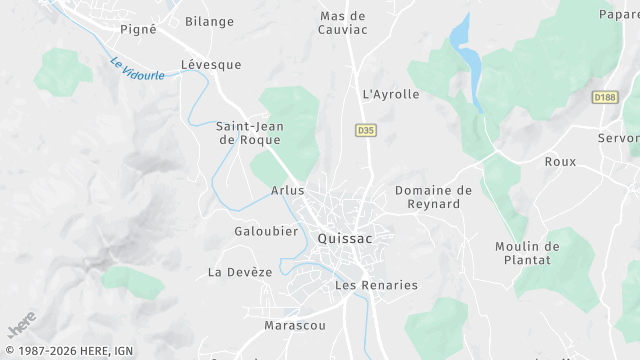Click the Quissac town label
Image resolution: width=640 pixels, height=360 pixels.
click(x=345, y=239)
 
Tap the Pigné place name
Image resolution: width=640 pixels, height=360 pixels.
click(x=138, y=29)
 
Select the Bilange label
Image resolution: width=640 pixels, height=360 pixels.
click(x=209, y=21)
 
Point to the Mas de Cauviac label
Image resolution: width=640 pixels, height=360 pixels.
click(x=343, y=23)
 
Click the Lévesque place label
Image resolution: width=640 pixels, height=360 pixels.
click(x=211, y=64)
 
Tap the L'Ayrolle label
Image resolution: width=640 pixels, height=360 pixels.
click(x=390, y=94)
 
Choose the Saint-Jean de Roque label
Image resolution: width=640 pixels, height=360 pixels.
click(x=250, y=133)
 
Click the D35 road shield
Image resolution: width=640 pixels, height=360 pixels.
click(x=365, y=130)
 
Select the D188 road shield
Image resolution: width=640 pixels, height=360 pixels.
click(x=604, y=97)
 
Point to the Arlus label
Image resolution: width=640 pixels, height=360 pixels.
click(x=287, y=190)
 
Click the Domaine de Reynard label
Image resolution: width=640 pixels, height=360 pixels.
click(x=433, y=197)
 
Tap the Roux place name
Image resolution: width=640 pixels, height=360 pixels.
click(x=560, y=161)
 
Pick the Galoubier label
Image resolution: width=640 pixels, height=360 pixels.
click(x=266, y=231)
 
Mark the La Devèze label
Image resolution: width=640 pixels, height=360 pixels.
click(x=240, y=272)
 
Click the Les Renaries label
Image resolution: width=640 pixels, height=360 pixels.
click(x=376, y=285)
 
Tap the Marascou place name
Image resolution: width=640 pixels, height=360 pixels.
click(x=294, y=326)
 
